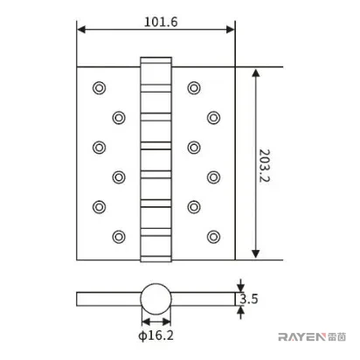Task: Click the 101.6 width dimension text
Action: [161, 22]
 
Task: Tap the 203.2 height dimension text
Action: [265, 166]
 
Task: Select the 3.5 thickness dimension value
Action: [249, 299]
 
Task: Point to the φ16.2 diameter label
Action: [156, 336]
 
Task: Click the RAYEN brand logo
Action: [312, 337]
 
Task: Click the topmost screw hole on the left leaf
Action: [99, 87]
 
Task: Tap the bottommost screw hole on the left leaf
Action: [119, 237]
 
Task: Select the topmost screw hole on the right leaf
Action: [194, 87]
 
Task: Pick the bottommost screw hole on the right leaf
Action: [213, 237]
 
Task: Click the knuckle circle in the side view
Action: [156, 284]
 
